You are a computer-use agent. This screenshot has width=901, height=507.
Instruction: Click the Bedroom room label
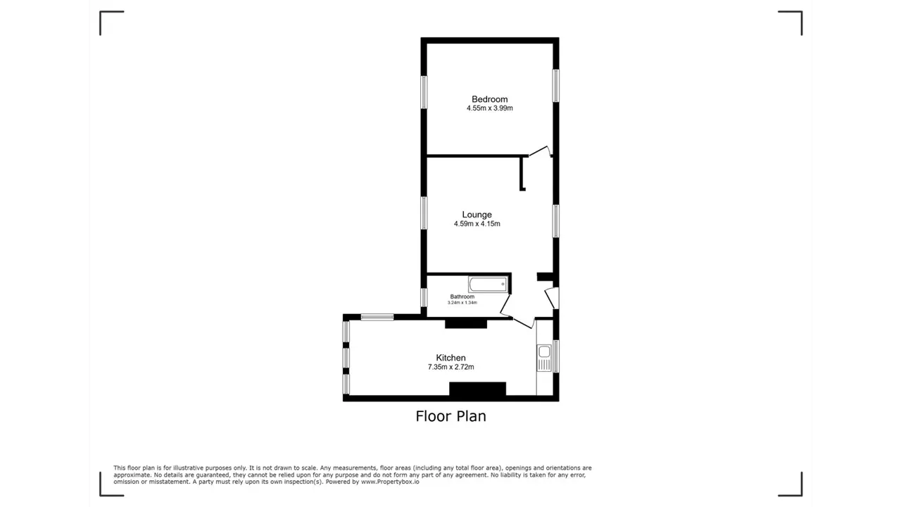pos(489,99)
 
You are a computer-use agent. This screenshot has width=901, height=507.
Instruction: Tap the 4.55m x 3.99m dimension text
pos(489,108)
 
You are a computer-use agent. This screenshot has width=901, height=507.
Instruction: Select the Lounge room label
pos(477,215)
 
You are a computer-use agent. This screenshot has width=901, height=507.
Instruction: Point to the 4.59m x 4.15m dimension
pos(477,224)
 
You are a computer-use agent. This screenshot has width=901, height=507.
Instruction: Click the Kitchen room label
pos(451,358)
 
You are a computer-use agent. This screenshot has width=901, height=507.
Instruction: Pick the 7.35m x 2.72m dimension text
pos(451,367)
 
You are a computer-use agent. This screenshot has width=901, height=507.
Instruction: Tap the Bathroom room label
pos(462,296)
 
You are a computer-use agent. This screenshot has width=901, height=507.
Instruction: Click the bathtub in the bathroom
pos(488,284)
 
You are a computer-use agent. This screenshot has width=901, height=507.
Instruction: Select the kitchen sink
pos(544,358)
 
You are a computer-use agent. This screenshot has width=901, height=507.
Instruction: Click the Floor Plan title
pos(451,416)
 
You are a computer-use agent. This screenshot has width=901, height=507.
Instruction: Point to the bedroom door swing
pos(540,151)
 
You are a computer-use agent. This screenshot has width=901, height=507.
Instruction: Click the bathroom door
pos(505,305)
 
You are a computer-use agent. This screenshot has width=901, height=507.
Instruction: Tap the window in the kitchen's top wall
pos(377,318)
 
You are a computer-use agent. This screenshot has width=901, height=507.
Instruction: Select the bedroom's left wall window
pos(424,92)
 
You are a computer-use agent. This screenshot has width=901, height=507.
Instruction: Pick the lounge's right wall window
pos(556,221)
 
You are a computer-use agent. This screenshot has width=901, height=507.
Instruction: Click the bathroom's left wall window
pos(424,297)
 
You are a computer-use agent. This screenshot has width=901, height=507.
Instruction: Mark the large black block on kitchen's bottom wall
pos(477,389)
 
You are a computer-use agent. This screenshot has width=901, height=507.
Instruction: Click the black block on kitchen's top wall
pos(466,323)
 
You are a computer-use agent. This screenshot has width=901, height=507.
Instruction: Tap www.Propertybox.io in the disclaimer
pos(390,482)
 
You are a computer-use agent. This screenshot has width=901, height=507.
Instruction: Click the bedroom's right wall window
pos(556,86)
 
